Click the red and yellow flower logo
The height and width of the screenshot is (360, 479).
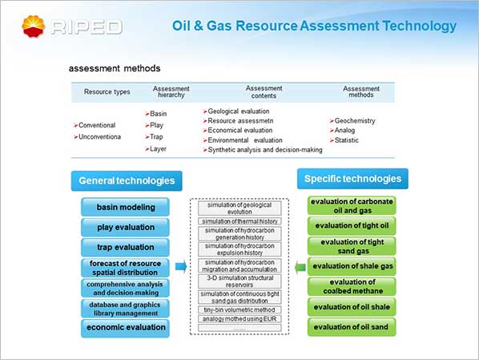click(x=34, y=26)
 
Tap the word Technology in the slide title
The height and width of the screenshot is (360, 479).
click(x=420, y=26)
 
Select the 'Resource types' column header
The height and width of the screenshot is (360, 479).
click(x=107, y=91)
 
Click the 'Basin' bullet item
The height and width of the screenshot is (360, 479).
click(x=156, y=114)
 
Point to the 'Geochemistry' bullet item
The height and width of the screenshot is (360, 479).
click(x=352, y=121)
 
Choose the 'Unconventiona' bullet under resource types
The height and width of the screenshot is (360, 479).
click(x=97, y=137)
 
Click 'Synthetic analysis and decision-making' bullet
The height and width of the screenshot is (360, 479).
click(x=263, y=150)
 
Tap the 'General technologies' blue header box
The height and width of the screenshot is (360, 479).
click(x=127, y=180)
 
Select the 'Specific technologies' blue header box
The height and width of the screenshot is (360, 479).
click(x=352, y=179)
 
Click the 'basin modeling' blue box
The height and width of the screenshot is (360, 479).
click(x=125, y=207)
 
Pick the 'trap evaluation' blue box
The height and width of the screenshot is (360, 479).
click(x=125, y=247)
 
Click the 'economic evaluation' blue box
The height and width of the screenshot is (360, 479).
click(x=125, y=328)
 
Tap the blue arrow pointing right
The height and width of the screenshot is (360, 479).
click(x=181, y=267)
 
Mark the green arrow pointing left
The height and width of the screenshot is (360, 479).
click(x=300, y=268)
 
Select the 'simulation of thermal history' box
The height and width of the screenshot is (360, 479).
click(x=239, y=221)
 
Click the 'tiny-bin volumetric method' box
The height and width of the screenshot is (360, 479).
click(x=239, y=309)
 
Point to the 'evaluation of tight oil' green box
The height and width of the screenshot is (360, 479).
click(x=352, y=226)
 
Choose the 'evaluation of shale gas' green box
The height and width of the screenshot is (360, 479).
click(x=352, y=266)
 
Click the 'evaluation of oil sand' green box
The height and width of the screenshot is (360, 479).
click(x=352, y=327)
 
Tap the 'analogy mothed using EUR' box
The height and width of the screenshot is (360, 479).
click(x=239, y=319)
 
